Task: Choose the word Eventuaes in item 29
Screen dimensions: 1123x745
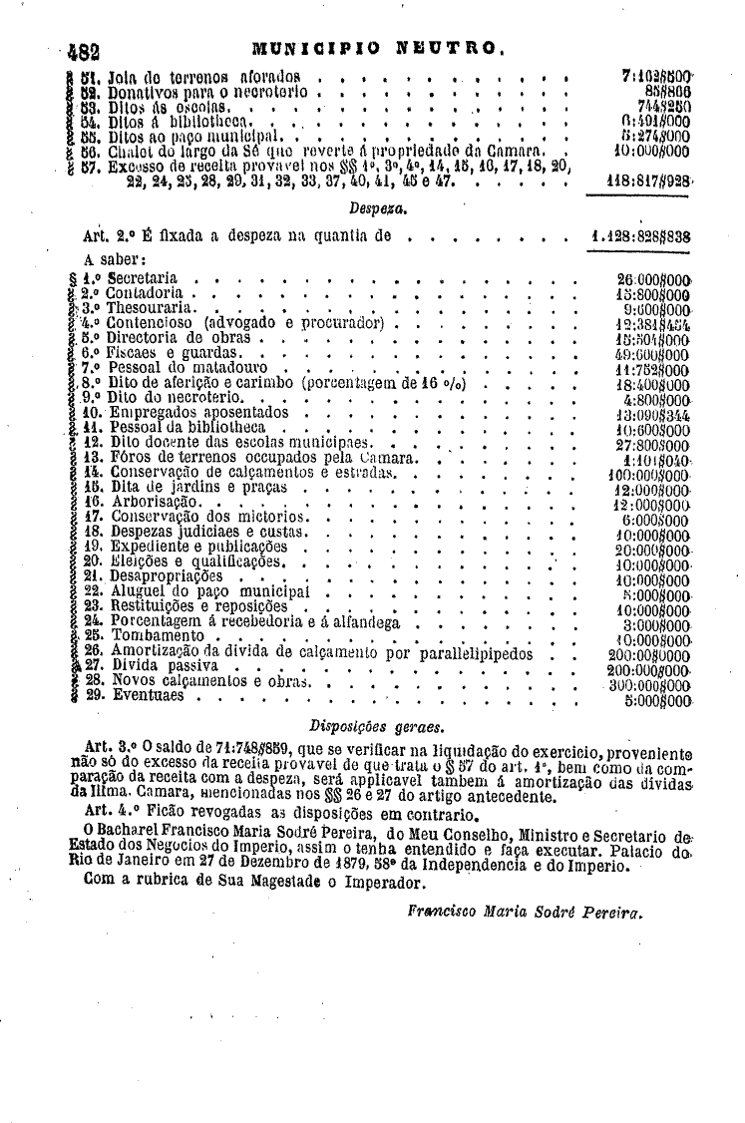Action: click(148, 697)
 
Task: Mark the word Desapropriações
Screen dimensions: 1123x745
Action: click(167, 575)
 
